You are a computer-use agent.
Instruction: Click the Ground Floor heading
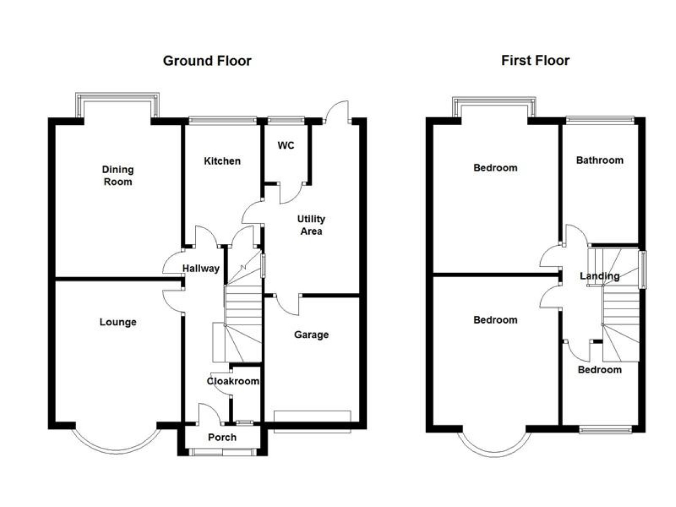click(x=207, y=61)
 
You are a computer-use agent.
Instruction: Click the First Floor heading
click(x=535, y=60)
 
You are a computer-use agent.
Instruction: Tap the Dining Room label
click(x=118, y=176)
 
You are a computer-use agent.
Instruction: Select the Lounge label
click(x=118, y=322)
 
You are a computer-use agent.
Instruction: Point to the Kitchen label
click(x=222, y=161)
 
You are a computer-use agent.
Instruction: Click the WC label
click(x=286, y=145)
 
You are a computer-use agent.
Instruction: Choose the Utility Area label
click(x=311, y=225)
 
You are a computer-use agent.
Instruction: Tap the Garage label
click(x=311, y=334)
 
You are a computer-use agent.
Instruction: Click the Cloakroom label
click(x=233, y=381)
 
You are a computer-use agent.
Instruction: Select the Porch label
click(x=222, y=437)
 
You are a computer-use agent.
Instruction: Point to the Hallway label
click(x=201, y=268)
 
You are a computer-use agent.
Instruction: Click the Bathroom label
click(x=600, y=160)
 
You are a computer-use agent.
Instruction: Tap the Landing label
click(x=600, y=276)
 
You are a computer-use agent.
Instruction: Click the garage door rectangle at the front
click(x=312, y=422)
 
